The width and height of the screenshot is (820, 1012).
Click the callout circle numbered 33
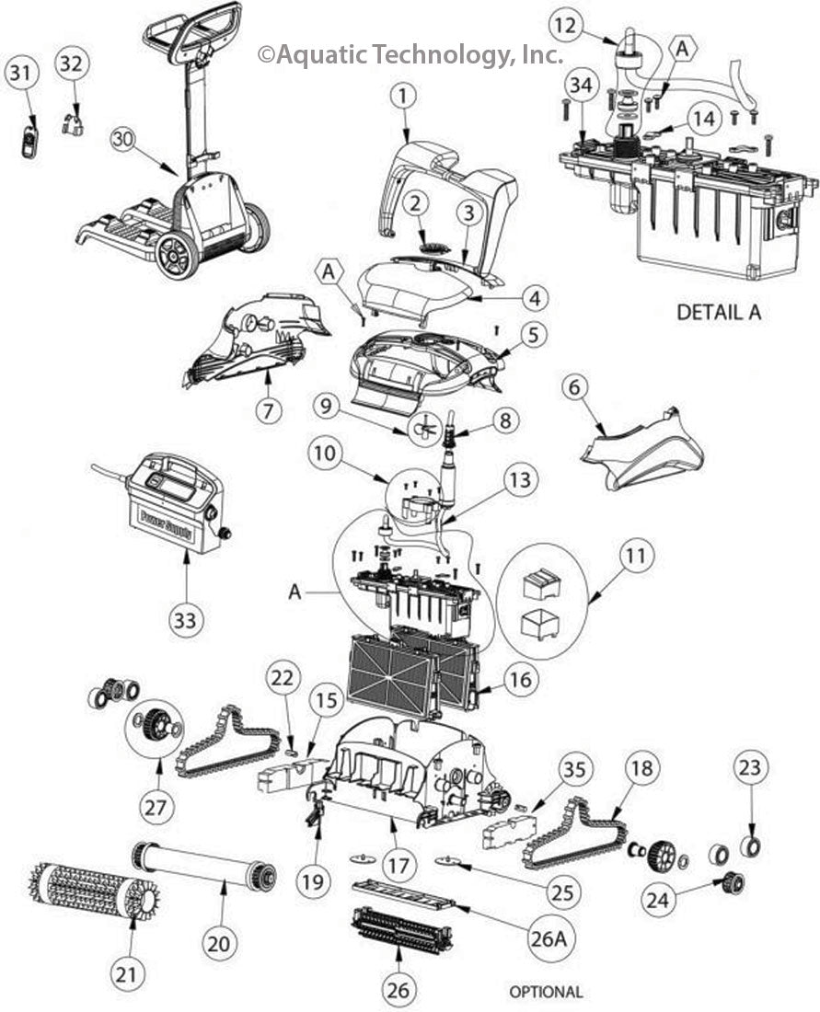tap(185, 620)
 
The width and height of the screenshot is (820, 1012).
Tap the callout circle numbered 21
tap(128, 972)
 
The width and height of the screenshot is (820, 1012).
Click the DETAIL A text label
tap(719, 312)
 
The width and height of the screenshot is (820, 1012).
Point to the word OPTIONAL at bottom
tap(546, 992)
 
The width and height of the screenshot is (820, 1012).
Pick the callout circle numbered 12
tap(566, 26)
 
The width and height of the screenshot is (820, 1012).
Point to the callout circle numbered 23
tap(752, 767)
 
